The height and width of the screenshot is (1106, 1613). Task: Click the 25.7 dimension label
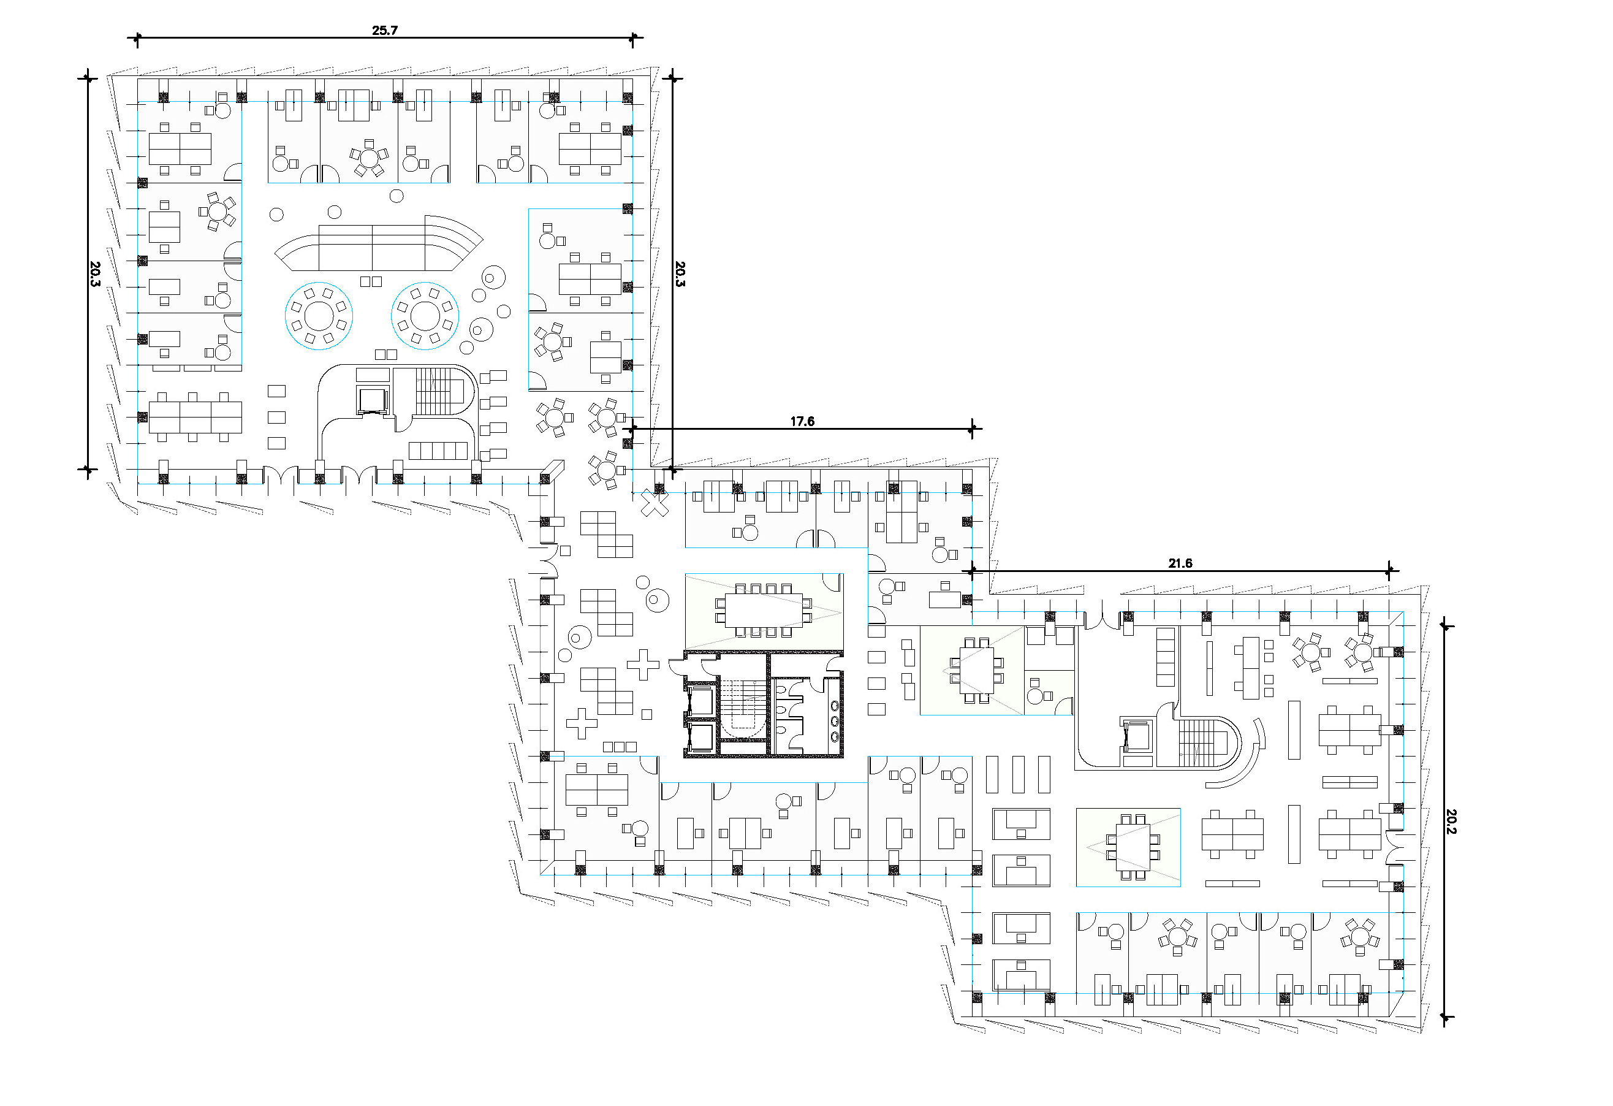[384, 30]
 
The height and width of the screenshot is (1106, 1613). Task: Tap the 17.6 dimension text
[802, 421]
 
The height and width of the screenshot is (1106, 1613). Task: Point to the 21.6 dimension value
[1180, 563]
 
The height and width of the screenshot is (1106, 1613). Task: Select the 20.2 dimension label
[1451, 822]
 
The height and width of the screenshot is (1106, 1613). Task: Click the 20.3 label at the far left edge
[95, 273]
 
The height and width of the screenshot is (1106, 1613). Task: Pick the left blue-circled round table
[319, 316]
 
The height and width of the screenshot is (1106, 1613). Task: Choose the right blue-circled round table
[425, 316]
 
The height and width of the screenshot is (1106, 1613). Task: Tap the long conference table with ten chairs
[764, 610]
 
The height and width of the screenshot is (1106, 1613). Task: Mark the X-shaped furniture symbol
[654, 503]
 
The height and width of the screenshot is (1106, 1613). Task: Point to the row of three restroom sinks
[835, 722]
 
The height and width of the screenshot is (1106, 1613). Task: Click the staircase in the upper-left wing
[433, 392]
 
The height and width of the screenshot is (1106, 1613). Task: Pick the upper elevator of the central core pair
[700, 701]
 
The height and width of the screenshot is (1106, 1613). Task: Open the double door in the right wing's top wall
[1101, 620]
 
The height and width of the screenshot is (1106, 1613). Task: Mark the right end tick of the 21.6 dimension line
[1389, 571]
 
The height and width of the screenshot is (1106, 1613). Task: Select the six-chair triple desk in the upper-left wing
[195, 418]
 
